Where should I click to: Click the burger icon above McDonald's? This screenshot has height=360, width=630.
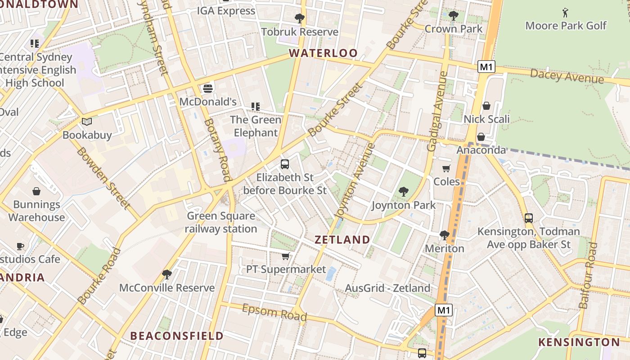point(207,88)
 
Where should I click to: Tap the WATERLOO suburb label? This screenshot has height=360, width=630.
point(323,53)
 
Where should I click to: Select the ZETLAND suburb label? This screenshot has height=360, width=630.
point(342,239)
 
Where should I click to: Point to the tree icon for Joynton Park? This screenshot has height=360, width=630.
point(403,192)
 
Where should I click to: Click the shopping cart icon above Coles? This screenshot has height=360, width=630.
point(446,169)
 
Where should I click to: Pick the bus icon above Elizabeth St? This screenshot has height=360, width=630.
point(284,164)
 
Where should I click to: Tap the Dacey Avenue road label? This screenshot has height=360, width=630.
point(567,76)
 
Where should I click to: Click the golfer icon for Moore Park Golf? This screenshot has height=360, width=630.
point(565,13)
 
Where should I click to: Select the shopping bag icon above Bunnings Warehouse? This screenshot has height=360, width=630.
point(36,191)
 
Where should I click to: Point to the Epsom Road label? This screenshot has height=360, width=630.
point(274,312)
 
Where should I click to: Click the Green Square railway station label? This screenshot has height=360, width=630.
point(221,222)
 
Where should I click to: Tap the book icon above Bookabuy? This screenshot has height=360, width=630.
point(87,121)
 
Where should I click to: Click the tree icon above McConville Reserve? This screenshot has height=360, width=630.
point(167,274)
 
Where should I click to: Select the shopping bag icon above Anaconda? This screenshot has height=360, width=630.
point(481,137)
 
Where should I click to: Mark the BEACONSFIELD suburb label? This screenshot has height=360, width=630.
point(176,336)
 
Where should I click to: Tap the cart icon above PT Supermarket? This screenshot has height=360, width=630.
point(285,256)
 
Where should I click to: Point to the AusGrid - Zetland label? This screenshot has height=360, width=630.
point(387,288)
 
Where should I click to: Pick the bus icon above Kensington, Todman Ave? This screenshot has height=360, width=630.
point(529,218)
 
